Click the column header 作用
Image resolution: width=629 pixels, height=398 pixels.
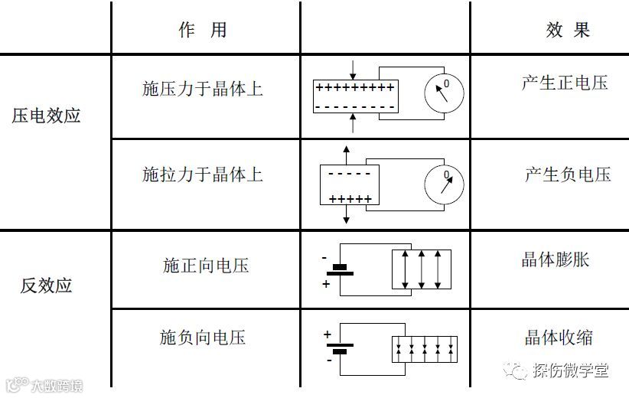point(203,30)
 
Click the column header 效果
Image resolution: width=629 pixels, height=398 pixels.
point(568,30)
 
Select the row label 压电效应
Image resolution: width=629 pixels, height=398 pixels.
point(47,116)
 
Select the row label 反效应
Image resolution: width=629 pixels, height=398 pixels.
point(47,285)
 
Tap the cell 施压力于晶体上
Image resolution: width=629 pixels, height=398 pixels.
point(203,89)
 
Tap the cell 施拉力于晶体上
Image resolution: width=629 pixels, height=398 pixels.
point(203,175)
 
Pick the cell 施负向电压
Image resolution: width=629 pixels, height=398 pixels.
point(203,337)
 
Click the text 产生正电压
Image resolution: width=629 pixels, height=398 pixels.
point(565,83)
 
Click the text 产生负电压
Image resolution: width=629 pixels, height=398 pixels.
point(568,175)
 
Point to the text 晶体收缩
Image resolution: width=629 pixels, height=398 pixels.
point(559,337)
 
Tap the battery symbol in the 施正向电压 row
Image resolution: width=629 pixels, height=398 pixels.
point(340,270)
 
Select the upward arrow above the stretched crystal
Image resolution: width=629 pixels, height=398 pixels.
point(346,152)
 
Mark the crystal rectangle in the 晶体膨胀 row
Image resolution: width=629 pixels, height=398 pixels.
point(422,269)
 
